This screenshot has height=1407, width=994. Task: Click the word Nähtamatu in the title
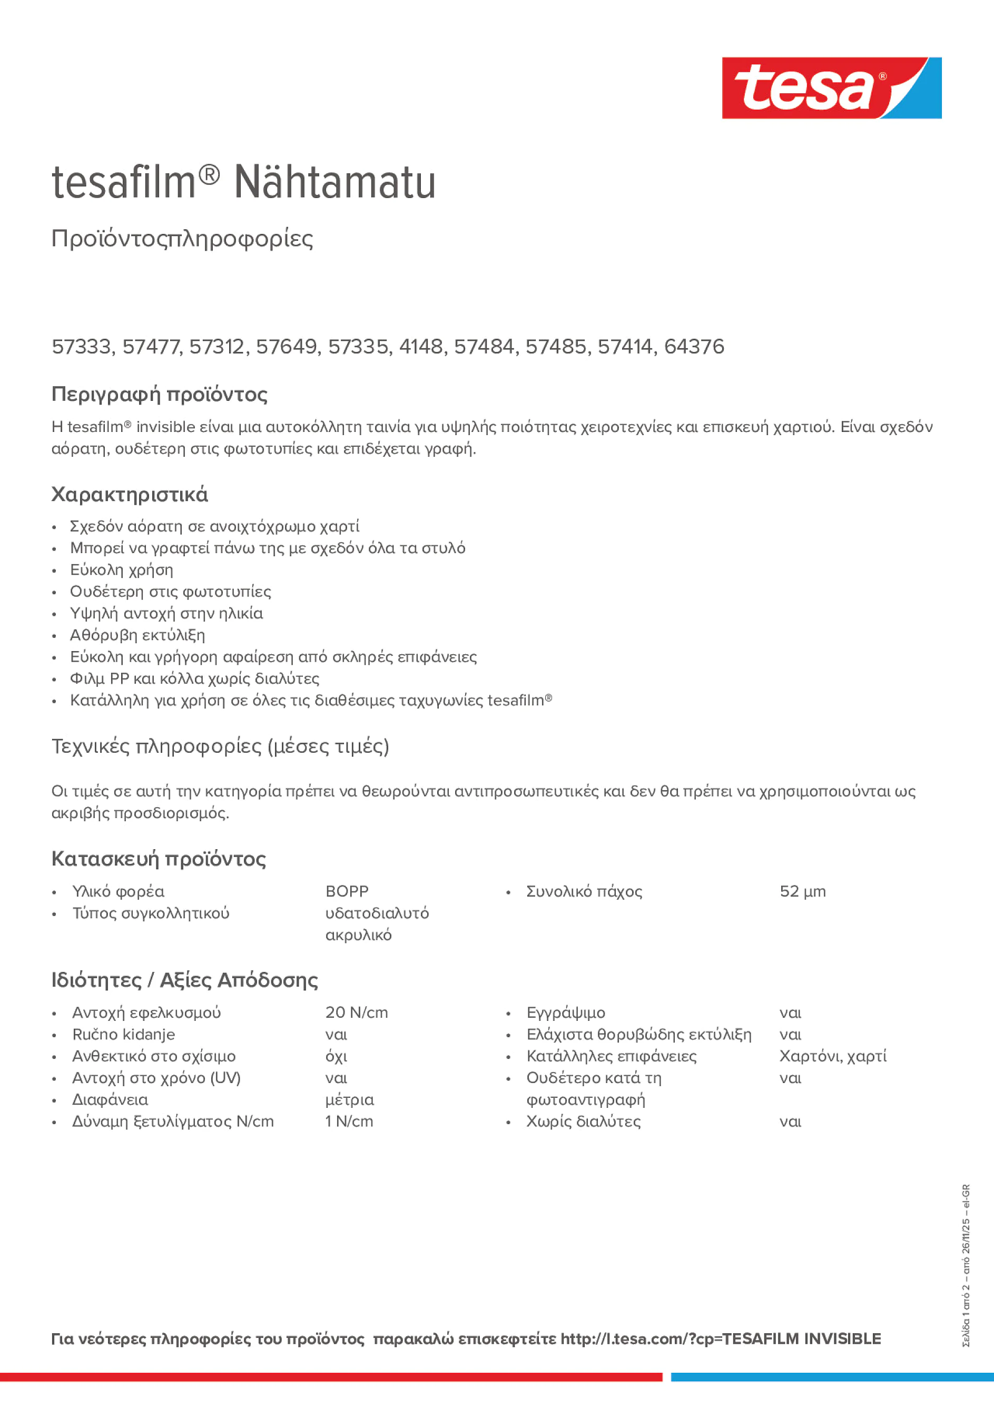[x=334, y=182]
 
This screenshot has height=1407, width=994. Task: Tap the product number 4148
[x=421, y=347]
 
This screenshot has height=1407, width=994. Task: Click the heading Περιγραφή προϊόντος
[x=159, y=394]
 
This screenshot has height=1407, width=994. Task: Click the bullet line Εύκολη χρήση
[x=121, y=570]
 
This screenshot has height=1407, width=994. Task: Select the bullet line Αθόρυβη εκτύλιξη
[x=137, y=635]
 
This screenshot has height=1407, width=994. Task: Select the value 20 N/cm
[x=356, y=1012]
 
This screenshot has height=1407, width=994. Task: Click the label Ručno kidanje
[x=123, y=1035]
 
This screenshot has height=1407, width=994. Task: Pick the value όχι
[x=336, y=1057]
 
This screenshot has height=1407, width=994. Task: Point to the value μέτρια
[x=349, y=1100]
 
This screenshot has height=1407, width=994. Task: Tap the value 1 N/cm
[x=349, y=1121]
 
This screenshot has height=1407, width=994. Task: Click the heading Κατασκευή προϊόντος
[x=159, y=859]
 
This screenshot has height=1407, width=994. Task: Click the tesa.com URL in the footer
[x=720, y=1339]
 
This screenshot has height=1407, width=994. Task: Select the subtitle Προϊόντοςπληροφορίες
[x=182, y=239]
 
